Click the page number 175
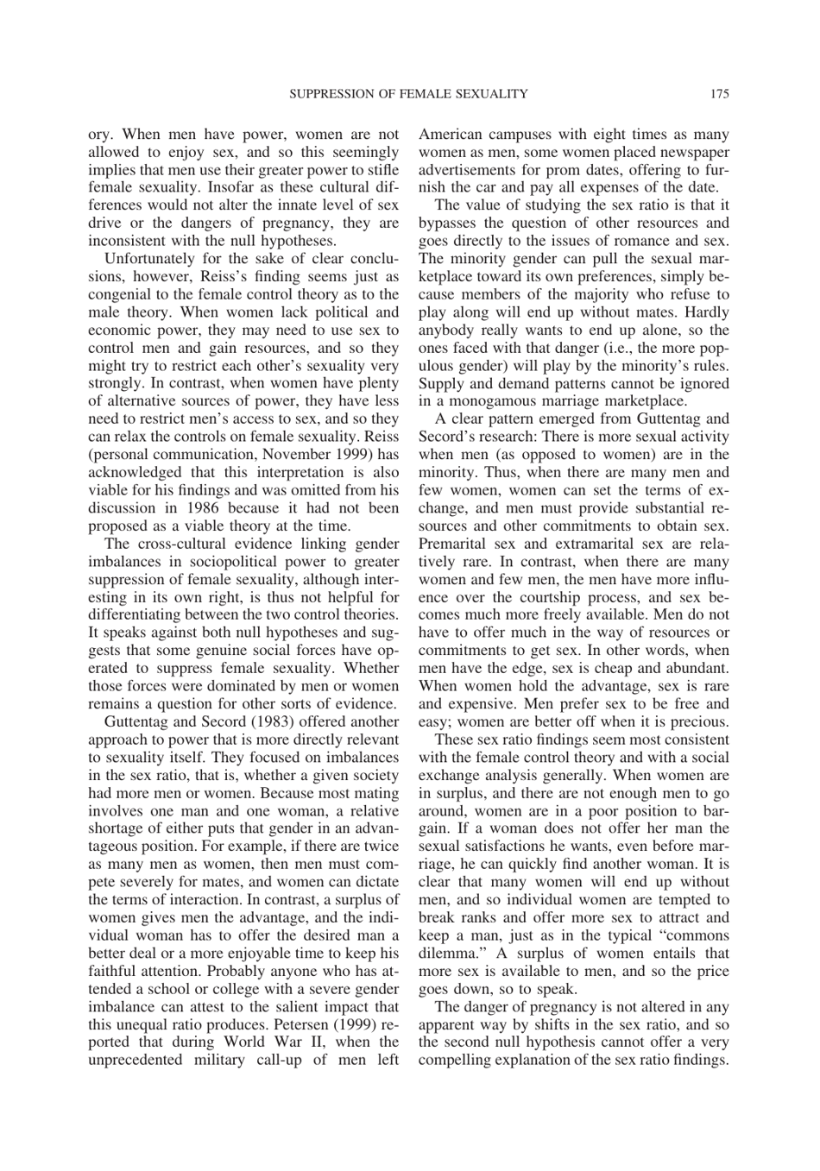(x=720, y=93)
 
